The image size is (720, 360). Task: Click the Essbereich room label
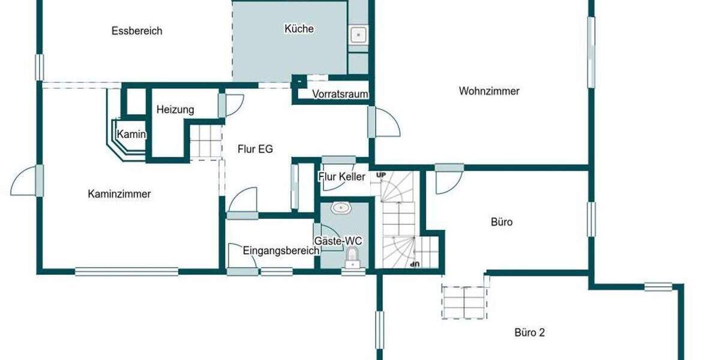(137, 31)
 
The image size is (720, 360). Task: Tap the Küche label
(299, 29)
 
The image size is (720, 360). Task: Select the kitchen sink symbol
(358, 35)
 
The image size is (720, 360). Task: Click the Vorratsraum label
(340, 94)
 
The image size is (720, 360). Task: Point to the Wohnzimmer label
(489, 91)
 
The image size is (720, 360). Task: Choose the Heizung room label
(175, 110)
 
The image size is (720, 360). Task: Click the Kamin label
(131, 134)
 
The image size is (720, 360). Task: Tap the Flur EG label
(256, 149)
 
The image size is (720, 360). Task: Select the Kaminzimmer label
(119, 194)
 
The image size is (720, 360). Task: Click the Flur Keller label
(341, 176)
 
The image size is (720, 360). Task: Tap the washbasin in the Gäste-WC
(341, 208)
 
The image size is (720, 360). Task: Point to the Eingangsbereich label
(281, 251)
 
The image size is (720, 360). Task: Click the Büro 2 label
(530, 332)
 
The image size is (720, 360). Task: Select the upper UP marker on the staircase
(380, 175)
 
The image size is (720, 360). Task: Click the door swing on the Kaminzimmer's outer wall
(25, 180)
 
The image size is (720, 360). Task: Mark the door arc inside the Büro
(448, 182)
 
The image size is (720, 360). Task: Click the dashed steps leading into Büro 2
(464, 301)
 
